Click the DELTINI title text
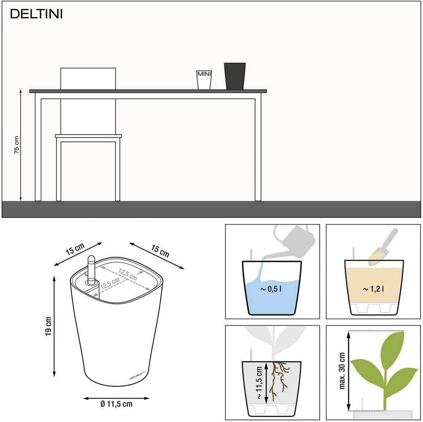(36, 14)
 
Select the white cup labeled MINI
(204, 80)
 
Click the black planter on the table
(235, 76)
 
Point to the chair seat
(88, 136)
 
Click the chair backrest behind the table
(88, 78)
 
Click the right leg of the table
(258, 148)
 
